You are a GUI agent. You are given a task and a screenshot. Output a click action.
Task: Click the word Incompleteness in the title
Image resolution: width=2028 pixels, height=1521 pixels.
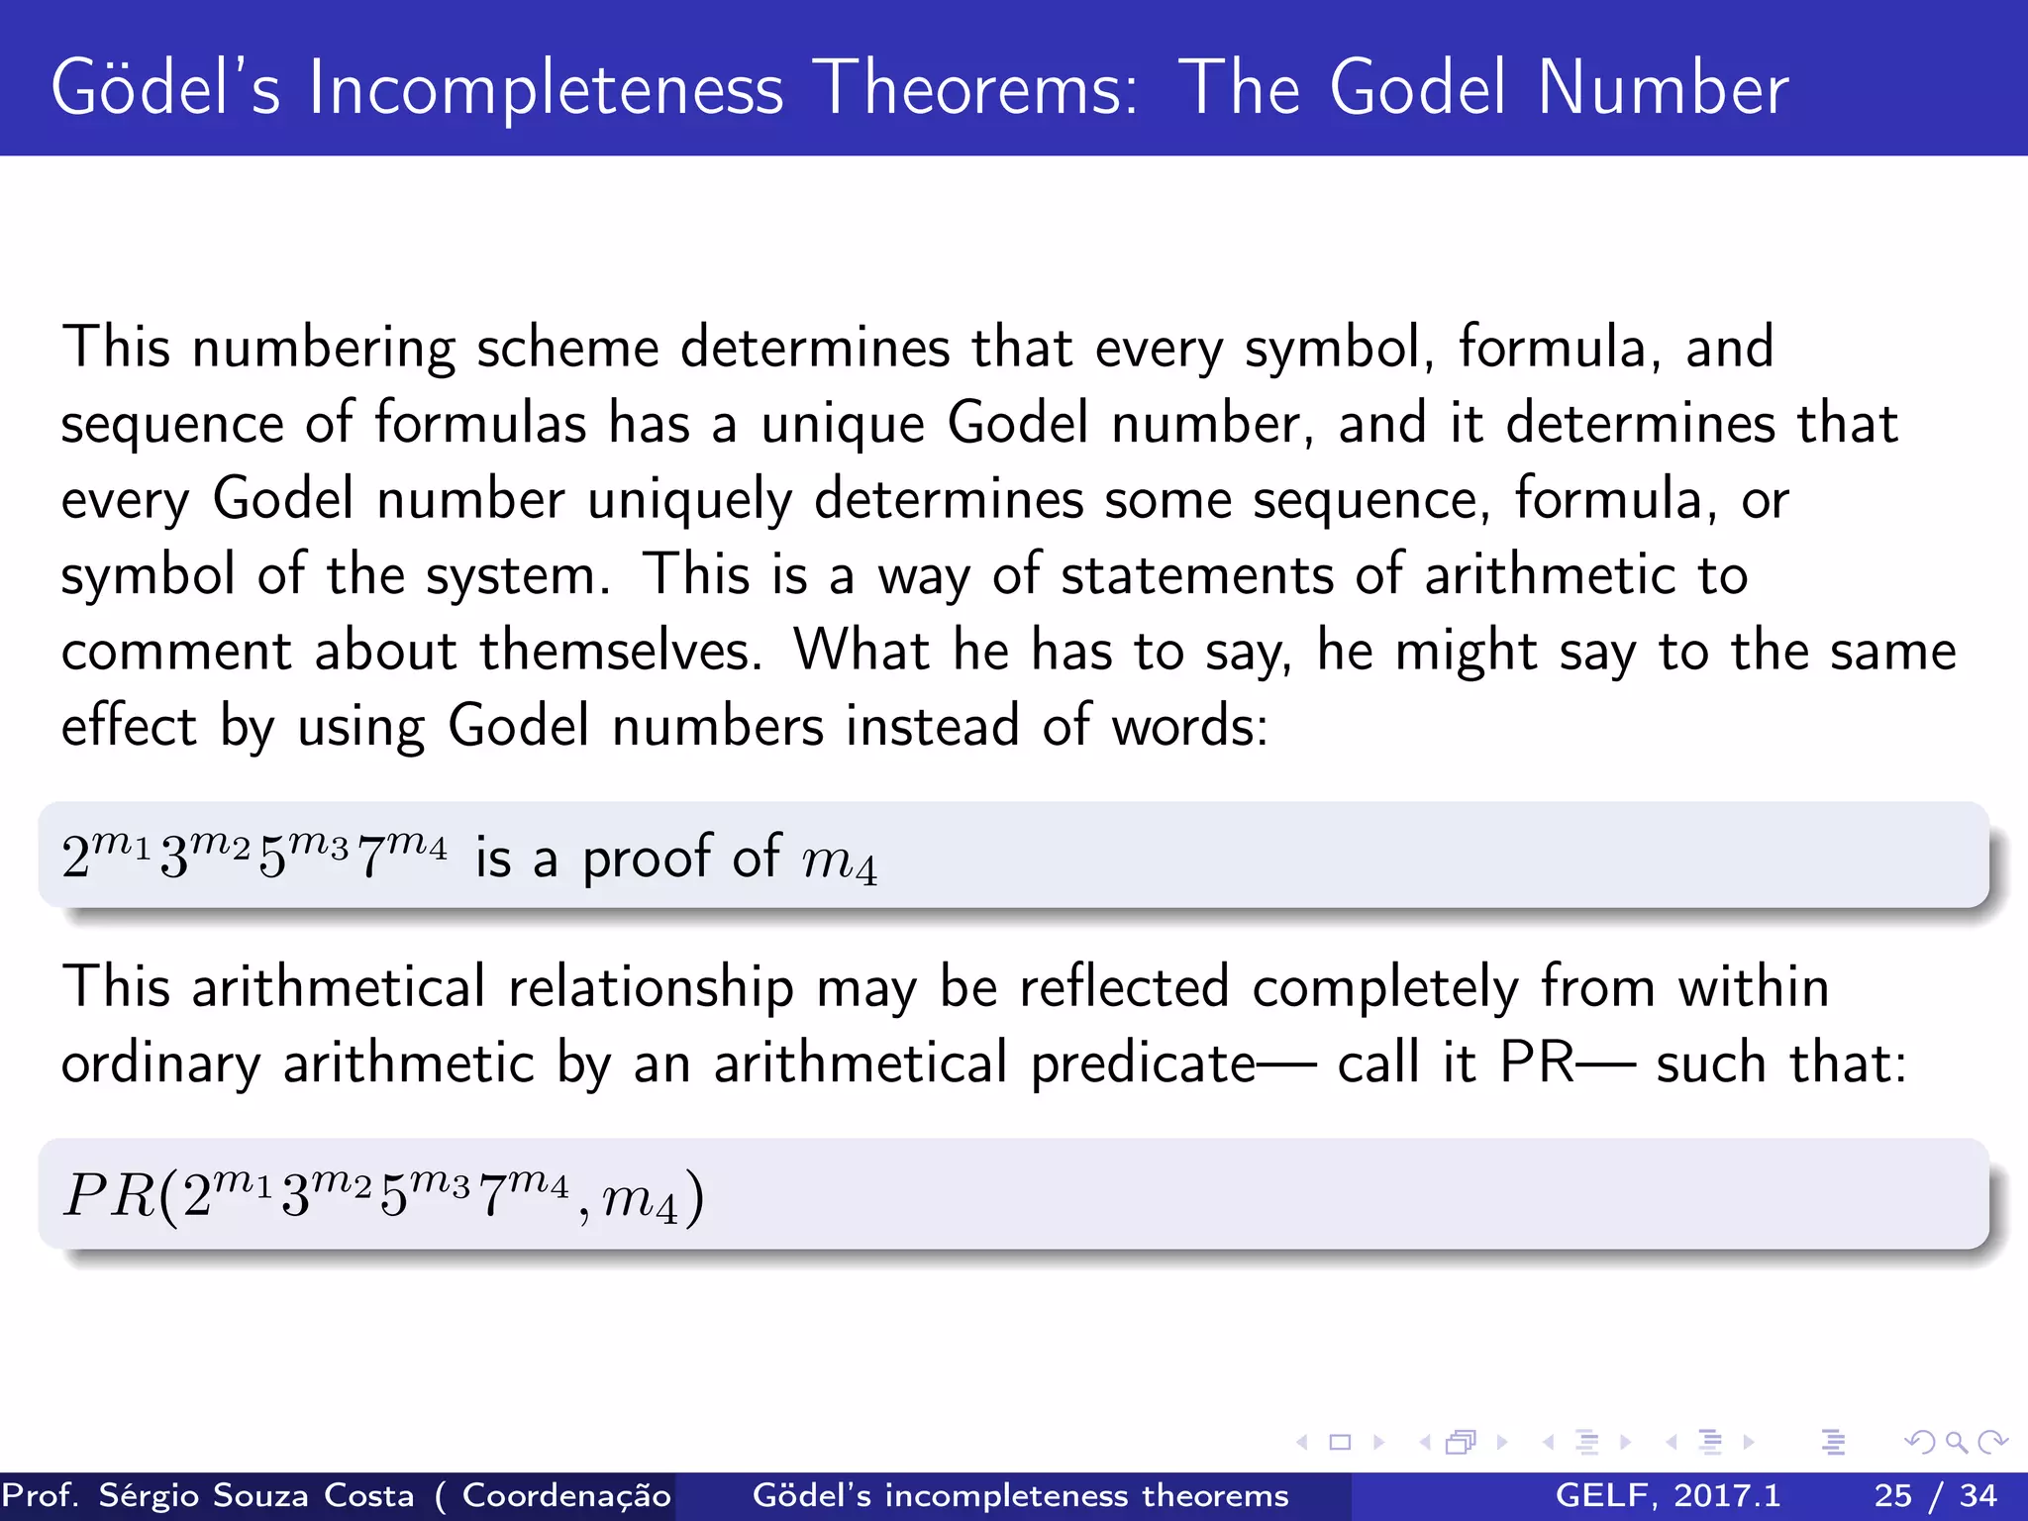tap(546, 89)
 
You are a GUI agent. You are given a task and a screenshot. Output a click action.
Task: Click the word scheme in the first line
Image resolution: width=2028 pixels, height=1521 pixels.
tap(567, 349)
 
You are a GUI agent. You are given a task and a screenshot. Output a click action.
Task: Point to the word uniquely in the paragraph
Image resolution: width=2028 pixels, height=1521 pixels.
tap(689, 499)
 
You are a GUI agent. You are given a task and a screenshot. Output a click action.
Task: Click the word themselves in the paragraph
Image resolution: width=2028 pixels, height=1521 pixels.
tap(621, 652)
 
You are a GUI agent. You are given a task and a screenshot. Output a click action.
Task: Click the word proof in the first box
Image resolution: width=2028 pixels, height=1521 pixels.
tap(646, 858)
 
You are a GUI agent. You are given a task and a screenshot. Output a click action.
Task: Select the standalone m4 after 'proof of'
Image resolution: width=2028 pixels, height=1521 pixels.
tap(839, 862)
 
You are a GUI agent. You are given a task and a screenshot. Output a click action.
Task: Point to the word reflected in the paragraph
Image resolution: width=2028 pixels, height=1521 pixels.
tap(1124, 987)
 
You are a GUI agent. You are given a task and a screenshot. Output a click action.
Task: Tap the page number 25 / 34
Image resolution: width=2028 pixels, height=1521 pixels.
tap(1935, 1495)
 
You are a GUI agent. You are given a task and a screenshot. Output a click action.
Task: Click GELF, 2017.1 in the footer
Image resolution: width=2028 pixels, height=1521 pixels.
tap(1668, 1495)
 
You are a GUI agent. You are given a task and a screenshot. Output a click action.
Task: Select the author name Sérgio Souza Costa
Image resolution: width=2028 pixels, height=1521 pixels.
tap(256, 1495)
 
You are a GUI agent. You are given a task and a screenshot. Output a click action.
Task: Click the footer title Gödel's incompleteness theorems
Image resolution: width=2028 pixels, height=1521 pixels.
tap(1020, 1495)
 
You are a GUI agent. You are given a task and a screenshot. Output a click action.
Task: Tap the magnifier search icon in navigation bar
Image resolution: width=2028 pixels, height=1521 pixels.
tap(1956, 1442)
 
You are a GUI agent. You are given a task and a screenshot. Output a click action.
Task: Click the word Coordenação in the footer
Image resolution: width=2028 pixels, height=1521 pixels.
tap(566, 1495)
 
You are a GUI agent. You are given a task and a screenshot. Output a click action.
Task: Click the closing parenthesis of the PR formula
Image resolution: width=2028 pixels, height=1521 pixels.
tap(695, 1197)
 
